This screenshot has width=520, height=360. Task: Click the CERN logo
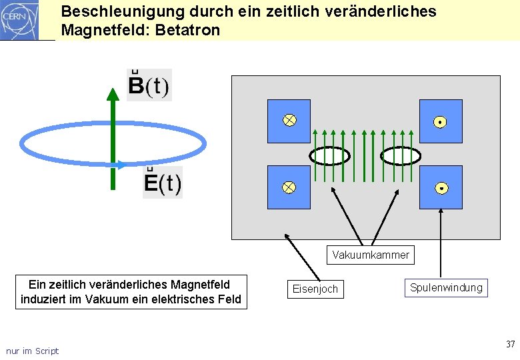click(x=20, y=20)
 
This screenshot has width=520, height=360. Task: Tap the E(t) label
click(x=163, y=182)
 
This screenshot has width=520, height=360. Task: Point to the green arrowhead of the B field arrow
click(x=113, y=94)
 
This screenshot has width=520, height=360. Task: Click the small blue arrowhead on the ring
click(x=119, y=165)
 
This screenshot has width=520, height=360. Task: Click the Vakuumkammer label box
click(x=371, y=255)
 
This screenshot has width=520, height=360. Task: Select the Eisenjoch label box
click(x=315, y=289)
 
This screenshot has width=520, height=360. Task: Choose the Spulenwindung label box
click(x=446, y=287)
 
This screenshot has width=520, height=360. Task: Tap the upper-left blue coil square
click(x=289, y=121)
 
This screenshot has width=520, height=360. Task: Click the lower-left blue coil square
click(x=289, y=187)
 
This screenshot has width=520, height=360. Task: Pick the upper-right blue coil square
click(x=441, y=121)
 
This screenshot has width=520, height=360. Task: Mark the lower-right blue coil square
click(x=441, y=187)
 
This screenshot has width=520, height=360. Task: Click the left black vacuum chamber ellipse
click(x=329, y=155)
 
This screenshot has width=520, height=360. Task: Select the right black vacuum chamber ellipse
click(x=400, y=155)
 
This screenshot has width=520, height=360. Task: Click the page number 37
click(x=510, y=344)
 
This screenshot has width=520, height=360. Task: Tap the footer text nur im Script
click(x=32, y=351)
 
